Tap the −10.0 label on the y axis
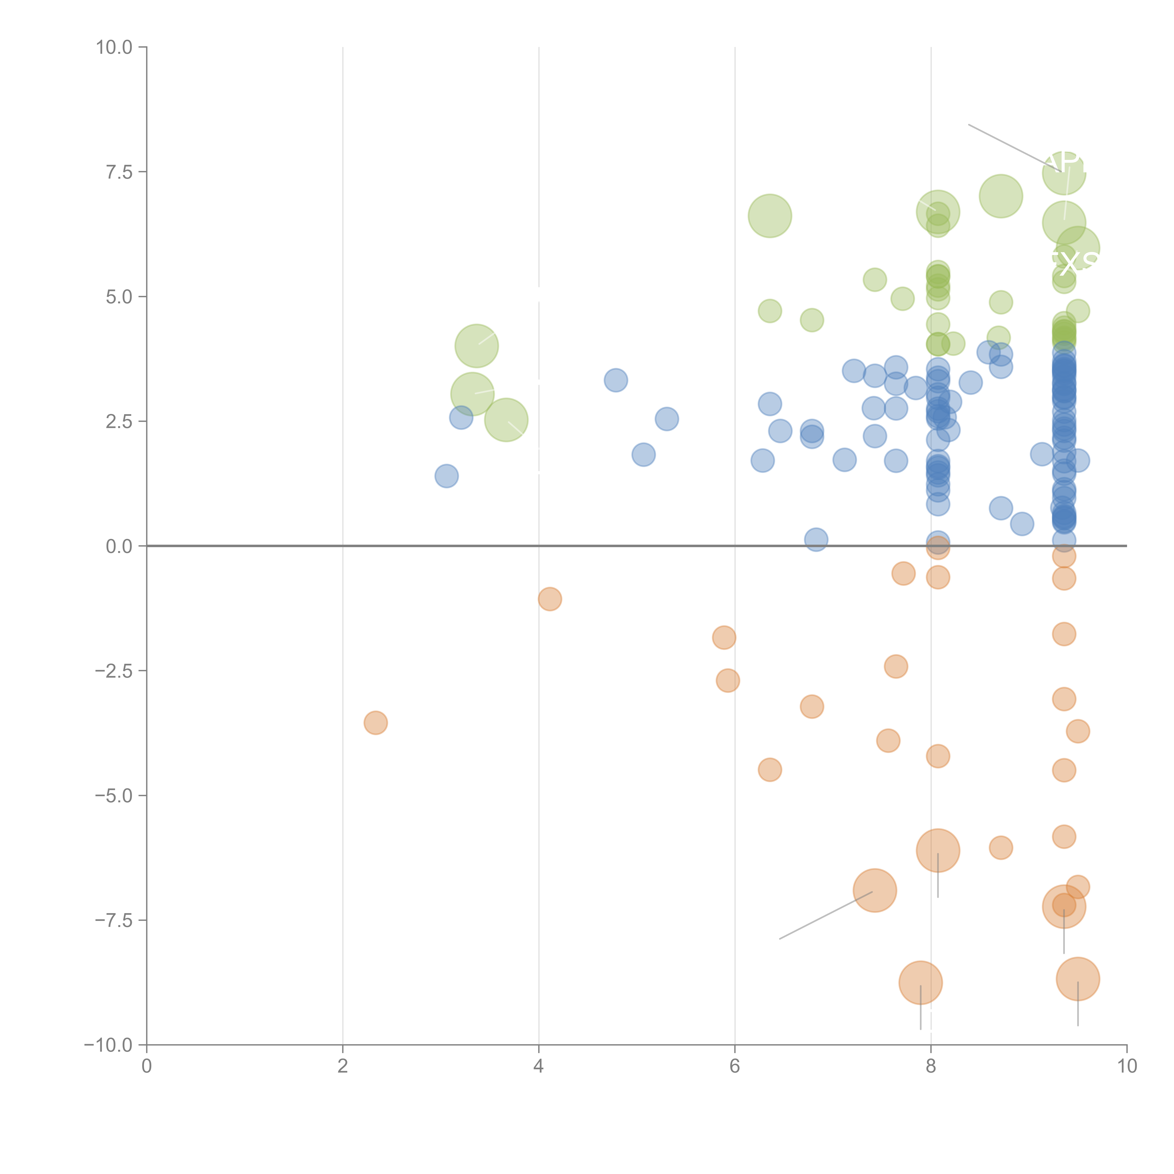click(109, 1045)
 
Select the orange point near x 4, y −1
click(549, 599)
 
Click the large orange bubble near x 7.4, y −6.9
click(874, 890)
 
